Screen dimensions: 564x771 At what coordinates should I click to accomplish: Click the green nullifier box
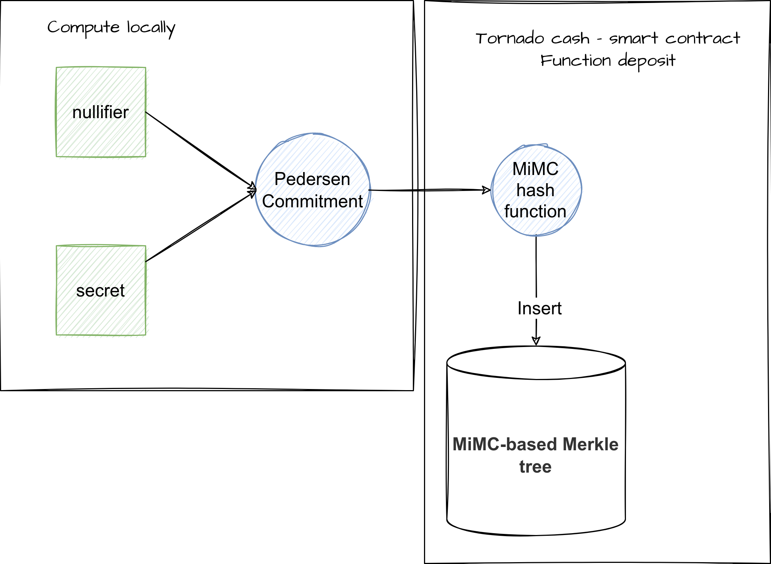101,112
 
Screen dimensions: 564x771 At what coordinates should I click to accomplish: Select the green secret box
101,290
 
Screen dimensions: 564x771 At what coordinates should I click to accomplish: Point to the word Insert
539,308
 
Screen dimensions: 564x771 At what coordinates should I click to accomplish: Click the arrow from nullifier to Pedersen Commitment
197,148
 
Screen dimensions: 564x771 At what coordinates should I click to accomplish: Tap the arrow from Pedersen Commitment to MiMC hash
428,190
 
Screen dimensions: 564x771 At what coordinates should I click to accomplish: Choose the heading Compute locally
111,27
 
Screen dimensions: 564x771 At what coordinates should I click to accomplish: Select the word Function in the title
575,61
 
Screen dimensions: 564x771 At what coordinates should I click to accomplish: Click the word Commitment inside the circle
312,201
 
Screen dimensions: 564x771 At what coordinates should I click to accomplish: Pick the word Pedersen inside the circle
312,179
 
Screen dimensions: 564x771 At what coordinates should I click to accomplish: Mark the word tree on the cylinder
536,467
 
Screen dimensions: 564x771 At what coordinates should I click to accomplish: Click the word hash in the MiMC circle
536,190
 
